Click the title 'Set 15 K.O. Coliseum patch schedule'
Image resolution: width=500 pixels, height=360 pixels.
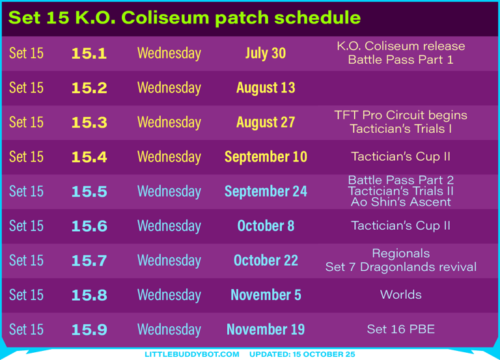[184, 17]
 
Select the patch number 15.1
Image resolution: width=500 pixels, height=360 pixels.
[89, 53]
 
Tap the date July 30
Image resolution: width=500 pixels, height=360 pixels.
[266, 53]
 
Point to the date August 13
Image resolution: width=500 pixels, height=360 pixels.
[266, 88]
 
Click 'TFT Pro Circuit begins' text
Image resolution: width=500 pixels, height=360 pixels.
[400, 115]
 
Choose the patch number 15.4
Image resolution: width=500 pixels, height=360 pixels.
[89, 157]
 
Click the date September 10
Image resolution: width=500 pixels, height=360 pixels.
[266, 156]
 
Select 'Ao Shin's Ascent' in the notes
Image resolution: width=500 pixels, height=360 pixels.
[401, 202]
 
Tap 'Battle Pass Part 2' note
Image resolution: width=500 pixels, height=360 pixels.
[401, 180]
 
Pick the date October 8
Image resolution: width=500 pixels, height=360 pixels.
[266, 226]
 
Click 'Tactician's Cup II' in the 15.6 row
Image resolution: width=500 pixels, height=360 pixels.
[400, 225]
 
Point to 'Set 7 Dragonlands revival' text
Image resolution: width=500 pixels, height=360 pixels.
[401, 267]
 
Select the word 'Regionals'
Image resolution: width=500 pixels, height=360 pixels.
[401, 253]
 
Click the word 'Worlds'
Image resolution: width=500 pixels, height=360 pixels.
[401, 295]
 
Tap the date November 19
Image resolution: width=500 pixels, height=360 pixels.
[266, 329]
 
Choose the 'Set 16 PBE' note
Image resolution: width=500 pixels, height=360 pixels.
[401, 329]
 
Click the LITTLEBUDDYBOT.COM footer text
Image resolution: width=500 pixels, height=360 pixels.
[192, 354]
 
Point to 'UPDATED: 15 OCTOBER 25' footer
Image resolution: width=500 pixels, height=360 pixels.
[302, 354]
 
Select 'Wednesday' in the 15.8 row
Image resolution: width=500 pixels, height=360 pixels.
[169, 295]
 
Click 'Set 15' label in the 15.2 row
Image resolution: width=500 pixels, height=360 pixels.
[26, 88]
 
